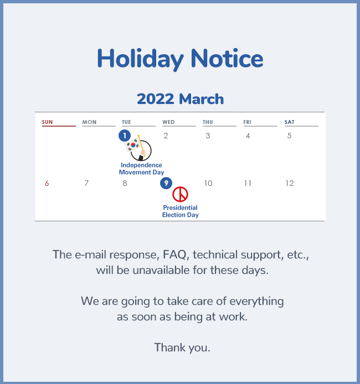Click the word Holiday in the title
(140, 59)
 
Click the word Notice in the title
(227, 58)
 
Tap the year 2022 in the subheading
(156, 99)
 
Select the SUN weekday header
(47, 122)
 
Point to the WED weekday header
(168, 122)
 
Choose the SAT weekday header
(290, 122)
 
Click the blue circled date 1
(125, 136)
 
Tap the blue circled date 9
(166, 183)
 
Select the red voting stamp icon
(180, 194)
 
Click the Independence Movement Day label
(141, 169)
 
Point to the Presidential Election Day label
(181, 211)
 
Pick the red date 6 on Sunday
(47, 184)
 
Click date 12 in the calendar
(290, 184)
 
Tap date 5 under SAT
(290, 136)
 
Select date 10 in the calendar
(208, 184)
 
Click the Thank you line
(182, 347)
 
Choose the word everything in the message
(256, 302)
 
